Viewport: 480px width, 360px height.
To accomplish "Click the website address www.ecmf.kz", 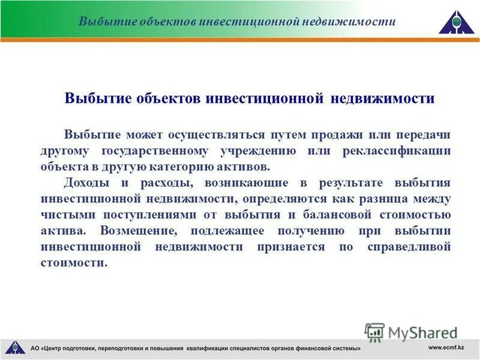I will pyautogui.click(x=447, y=347).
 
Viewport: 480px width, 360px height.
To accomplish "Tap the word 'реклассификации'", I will pyautogui.click(x=397, y=150).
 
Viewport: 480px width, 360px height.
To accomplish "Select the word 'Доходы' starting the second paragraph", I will pyautogui.click(x=84, y=182).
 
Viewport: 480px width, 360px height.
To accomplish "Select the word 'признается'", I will pyautogui.click(x=288, y=247).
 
